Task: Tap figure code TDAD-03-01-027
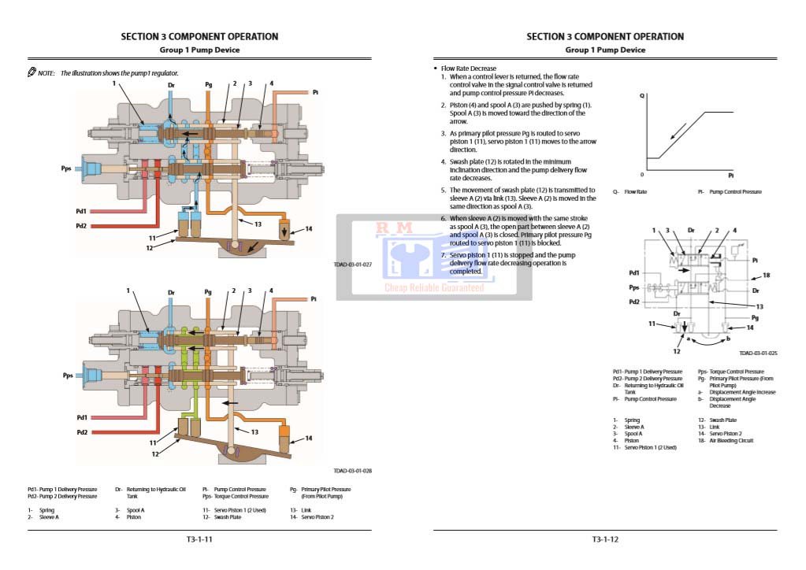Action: pos(352,265)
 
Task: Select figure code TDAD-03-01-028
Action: pos(352,472)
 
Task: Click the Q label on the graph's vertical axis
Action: pos(642,95)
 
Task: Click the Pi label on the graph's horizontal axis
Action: pos(731,175)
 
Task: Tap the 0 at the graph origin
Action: pos(641,175)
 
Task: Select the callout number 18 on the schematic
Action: pos(765,276)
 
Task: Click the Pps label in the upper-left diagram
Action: pos(66,168)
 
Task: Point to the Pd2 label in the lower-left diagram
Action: pos(81,432)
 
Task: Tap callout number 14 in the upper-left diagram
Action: pos(309,229)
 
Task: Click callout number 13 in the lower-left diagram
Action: pos(254,432)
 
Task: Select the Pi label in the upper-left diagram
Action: pos(315,92)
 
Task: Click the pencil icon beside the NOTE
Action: pos(32,72)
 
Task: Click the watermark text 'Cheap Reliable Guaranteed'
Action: pos(434,288)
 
